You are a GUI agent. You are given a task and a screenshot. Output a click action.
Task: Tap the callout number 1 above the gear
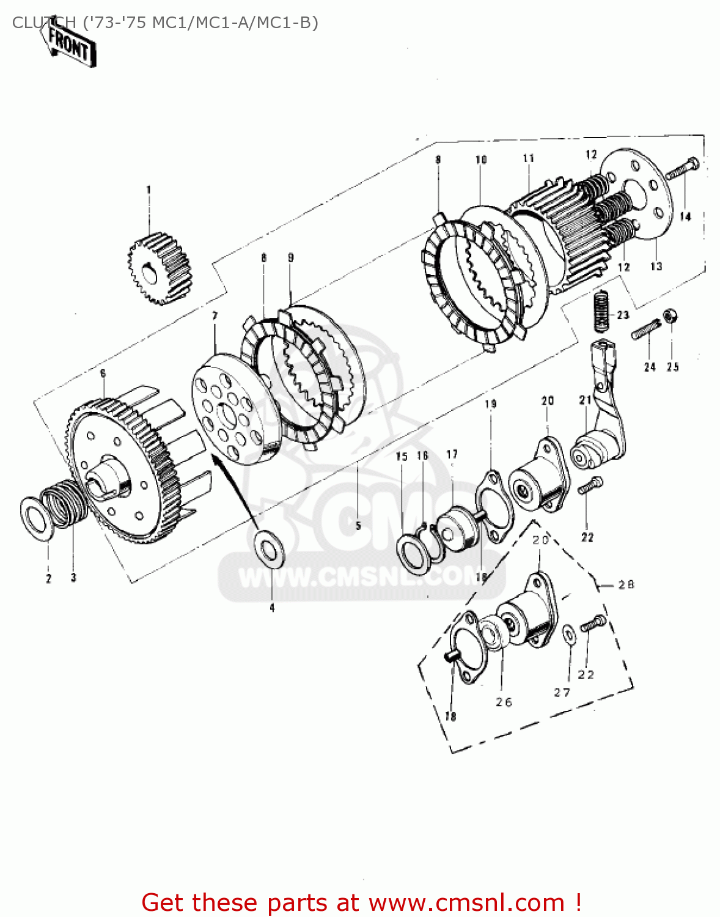pos(148,190)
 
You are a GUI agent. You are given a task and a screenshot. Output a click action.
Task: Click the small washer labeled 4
pos(270,548)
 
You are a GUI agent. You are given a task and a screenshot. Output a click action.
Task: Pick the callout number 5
pos(358,525)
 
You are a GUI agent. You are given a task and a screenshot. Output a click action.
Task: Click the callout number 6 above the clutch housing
pos(103,373)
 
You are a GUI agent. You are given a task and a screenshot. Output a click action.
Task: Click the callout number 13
pos(656,267)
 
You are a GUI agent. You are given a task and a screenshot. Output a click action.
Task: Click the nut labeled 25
pos(670,317)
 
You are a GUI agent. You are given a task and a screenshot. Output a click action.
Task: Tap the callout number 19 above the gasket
pos(491,404)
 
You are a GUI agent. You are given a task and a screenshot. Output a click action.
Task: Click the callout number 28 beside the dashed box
pos(626,585)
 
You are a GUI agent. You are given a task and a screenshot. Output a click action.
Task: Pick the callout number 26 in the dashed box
pos(504,702)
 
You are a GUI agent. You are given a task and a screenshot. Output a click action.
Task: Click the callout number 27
pos(562,692)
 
